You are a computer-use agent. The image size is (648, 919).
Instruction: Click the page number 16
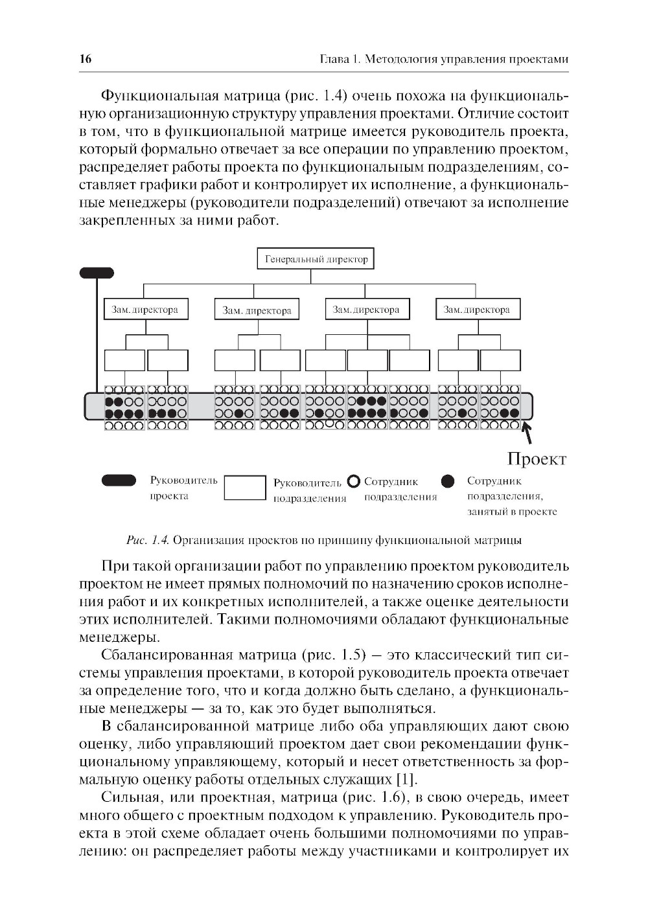pos(86,60)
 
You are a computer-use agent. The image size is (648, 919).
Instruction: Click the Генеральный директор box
pos(316,259)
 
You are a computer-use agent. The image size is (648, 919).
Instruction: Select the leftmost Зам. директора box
pos(145,310)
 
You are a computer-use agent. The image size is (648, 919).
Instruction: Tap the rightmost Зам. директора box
pos(478,310)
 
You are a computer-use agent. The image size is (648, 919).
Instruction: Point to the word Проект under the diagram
pos(537,459)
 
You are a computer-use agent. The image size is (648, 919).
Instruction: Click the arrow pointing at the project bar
pos(527,431)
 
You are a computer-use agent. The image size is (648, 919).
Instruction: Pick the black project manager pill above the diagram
pos(97,273)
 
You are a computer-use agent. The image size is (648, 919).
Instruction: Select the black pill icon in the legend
pos(119,481)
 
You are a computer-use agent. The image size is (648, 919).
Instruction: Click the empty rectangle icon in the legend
pos(244,488)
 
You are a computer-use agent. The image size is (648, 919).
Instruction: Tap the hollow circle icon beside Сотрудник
pos(353,481)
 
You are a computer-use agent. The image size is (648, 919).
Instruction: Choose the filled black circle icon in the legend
pos(447,481)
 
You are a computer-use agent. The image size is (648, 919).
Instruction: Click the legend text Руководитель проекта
pos(174,488)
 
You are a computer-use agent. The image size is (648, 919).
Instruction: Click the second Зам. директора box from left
pos(257,310)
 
